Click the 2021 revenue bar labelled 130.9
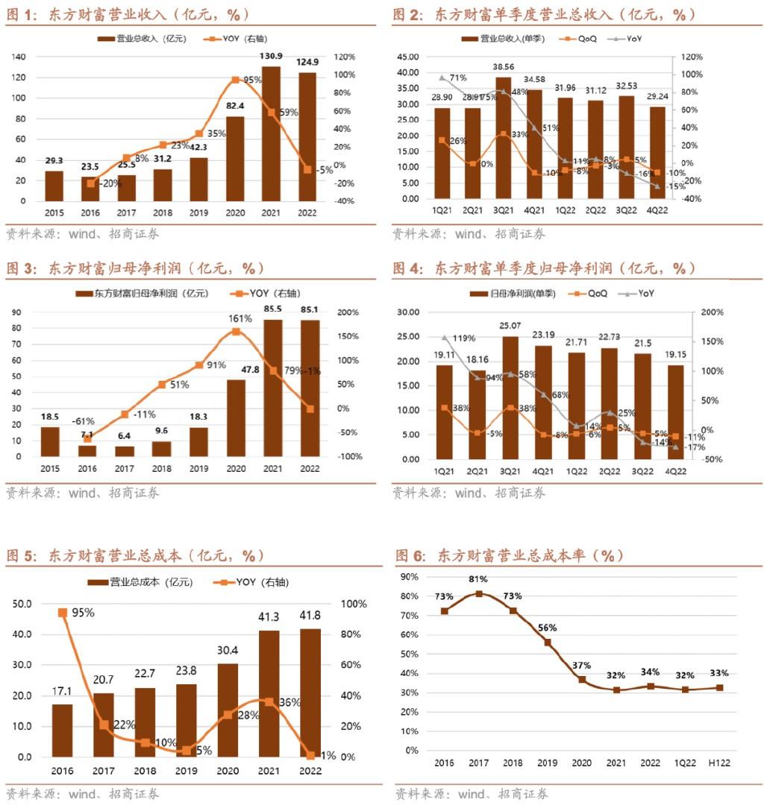pyautogui.click(x=271, y=134)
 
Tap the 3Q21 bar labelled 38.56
pyautogui.click(x=504, y=138)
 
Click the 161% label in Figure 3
pyautogui.click(x=236, y=319)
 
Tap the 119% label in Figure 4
pyautogui.click(x=463, y=338)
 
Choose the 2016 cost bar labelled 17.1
pyautogui.click(x=63, y=730)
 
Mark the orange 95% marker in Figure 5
pyautogui.click(x=63, y=613)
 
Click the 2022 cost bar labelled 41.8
pyautogui.click(x=310, y=693)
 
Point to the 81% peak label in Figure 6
pyautogui.click(x=478, y=579)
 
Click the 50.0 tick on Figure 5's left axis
pyautogui.click(x=22, y=604)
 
